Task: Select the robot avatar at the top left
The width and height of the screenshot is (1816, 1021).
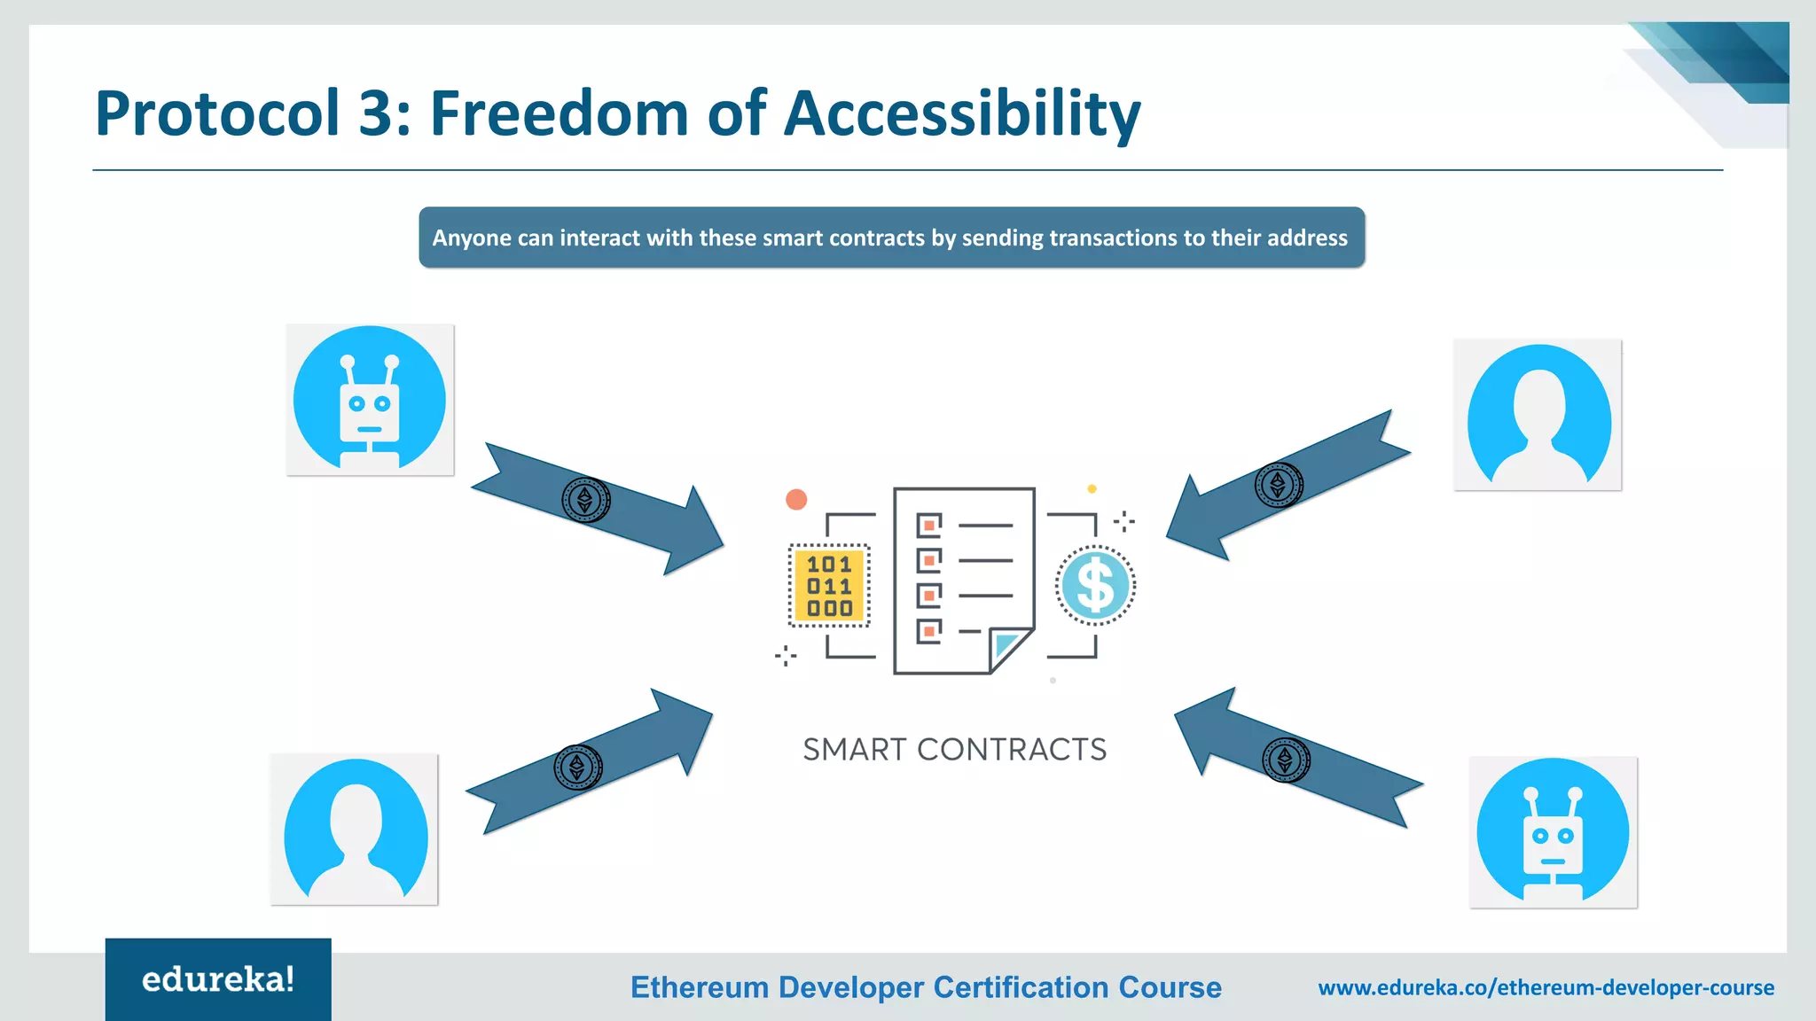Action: click(x=370, y=400)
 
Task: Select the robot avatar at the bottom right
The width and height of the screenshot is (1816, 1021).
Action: click(x=1553, y=831)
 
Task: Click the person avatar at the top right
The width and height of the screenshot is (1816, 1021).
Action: click(x=1538, y=415)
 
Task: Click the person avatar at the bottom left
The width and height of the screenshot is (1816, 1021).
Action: click(x=355, y=830)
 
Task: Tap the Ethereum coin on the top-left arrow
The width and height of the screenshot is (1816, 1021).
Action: click(x=585, y=500)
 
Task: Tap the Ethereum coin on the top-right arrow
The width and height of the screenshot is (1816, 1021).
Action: click(x=1278, y=485)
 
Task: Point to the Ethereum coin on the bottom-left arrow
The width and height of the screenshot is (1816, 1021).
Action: click(x=577, y=767)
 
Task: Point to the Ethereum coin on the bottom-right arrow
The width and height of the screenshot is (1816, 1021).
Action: click(x=1286, y=760)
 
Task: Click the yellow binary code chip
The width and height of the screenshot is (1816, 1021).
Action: click(x=829, y=586)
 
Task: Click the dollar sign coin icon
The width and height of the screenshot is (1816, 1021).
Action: click(x=1096, y=585)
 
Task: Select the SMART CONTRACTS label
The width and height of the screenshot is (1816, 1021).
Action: click(x=954, y=750)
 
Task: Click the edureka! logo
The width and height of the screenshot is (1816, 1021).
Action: click(x=218, y=979)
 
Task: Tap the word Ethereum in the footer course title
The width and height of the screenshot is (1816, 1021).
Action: click(x=699, y=987)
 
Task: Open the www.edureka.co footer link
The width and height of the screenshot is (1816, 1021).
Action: click(x=1546, y=987)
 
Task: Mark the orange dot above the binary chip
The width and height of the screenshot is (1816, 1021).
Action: click(x=796, y=500)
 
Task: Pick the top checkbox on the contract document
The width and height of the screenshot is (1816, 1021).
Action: click(x=928, y=526)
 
